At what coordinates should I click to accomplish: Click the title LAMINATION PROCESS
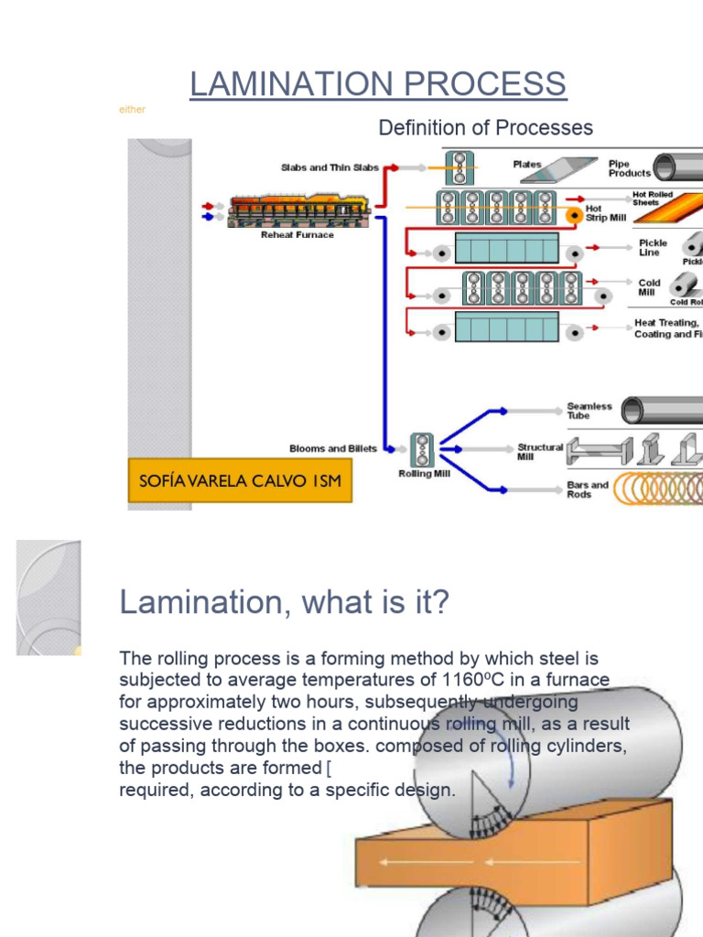[378, 84]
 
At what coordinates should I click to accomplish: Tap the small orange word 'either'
[132, 110]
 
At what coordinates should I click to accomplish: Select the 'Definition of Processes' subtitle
[485, 128]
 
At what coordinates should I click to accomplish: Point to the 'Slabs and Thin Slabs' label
[330, 167]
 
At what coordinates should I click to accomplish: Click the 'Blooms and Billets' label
[333, 448]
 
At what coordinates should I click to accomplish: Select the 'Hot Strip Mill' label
[605, 213]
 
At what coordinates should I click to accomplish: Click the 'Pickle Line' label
[653, 248]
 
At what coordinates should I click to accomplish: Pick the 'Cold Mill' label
[649, 287]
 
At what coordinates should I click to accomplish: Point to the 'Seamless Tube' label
[589, 411]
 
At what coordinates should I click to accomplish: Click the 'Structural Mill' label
[539, 451]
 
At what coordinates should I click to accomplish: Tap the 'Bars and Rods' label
[587, 490]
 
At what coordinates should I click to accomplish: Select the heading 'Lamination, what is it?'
[285, 603]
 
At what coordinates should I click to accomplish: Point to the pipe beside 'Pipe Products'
[677, 167]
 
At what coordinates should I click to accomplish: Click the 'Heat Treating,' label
[666, 323]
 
